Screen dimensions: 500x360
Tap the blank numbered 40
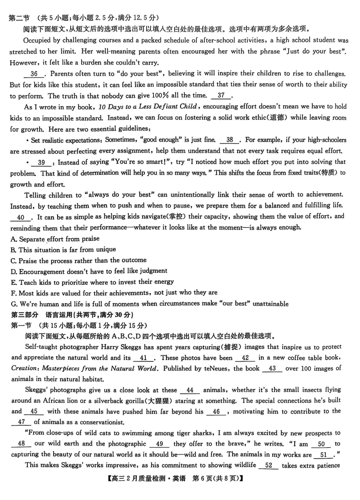pos(21,217)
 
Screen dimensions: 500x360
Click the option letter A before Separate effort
pos(13,239)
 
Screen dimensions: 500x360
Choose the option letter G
pos(13,304)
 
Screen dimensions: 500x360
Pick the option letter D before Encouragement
pos(13,271)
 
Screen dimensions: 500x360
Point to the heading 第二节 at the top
pos(19,18)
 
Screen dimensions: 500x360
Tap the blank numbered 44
pos(189,390)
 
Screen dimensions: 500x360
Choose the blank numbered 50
pos(321,444)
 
